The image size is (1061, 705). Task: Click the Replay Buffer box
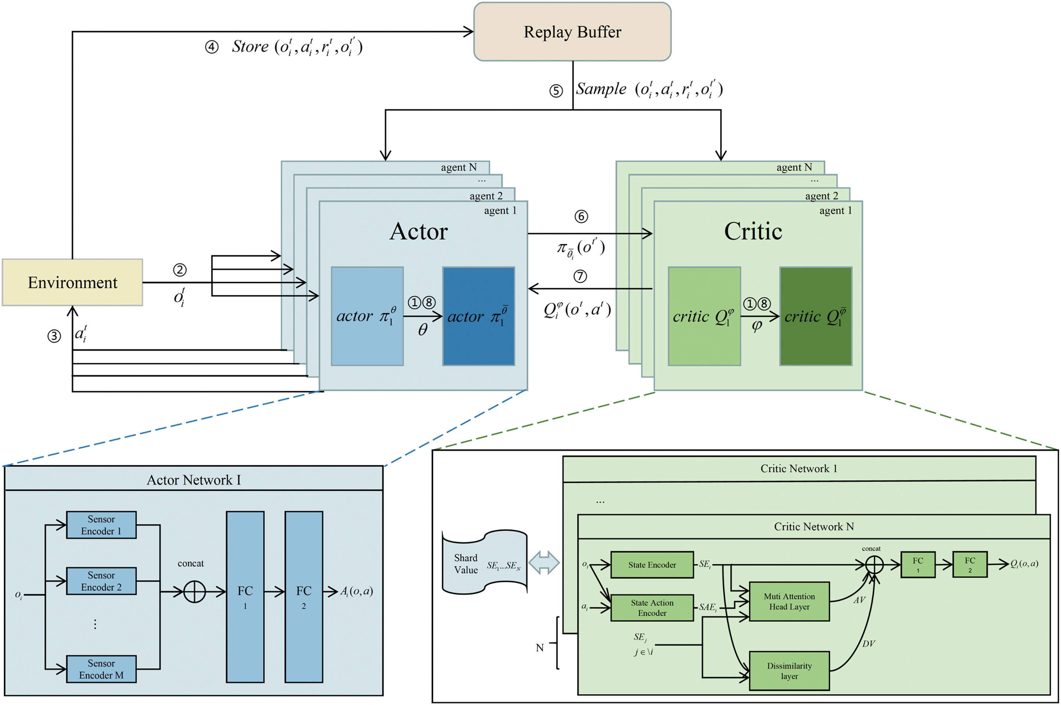click(572, 32)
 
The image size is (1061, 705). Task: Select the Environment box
click(72, 282)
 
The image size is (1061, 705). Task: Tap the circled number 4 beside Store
click(212, 47)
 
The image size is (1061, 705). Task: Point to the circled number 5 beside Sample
click(556, 91)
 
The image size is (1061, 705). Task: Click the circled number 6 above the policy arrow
click(581, 217)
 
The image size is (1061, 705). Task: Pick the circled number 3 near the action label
click(54, 336)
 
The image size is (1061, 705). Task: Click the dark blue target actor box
click(479, 316)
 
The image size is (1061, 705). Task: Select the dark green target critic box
click(816, 316)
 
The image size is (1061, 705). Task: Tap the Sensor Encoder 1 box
click(101, 525)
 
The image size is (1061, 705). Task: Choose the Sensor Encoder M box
click(101, 669)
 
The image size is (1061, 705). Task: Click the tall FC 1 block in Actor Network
click(245, 597)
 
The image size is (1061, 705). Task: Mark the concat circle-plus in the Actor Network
click(195, 592)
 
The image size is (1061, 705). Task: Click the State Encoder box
click(652, 565)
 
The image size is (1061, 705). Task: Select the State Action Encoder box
click(652, 608)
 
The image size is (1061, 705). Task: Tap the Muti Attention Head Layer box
click(789, 602)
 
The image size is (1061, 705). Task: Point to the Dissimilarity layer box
click(789, 671)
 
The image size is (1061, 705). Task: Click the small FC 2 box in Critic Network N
click(970, 564)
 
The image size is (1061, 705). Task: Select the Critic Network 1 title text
click(799, 468)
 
